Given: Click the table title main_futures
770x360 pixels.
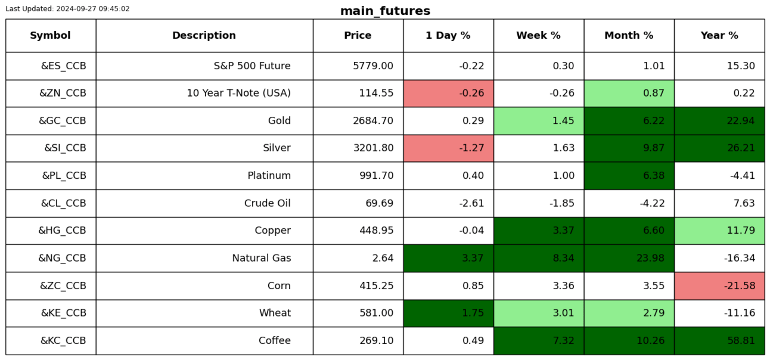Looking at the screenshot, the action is [x=385, y=11].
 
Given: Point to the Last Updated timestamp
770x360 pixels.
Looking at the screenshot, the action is [x=67, y=8].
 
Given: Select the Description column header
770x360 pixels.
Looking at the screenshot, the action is [x=204, y=35].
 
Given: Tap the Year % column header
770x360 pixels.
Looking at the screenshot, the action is [x=719, y=35].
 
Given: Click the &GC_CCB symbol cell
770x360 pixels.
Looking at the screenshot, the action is [x=62, y=120].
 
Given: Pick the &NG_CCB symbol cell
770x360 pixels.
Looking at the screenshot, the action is [x=62, y=258].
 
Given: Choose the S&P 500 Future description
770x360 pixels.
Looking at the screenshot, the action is [x=252, y=66].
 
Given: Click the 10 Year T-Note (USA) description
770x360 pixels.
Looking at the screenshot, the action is [x=238, y=93].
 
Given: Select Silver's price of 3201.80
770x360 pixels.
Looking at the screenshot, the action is [x=373, y=148].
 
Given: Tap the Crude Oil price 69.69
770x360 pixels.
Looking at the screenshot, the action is [x=379, y=203].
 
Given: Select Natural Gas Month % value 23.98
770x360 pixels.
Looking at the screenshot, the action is [x=650, y=258].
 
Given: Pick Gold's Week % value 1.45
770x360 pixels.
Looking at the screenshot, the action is [x=563, y=120].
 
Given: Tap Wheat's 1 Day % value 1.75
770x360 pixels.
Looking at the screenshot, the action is [x=473, y=312].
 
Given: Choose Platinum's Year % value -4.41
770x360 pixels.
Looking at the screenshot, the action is [x=743, y=175].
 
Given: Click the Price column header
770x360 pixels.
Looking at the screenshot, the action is [x=358, y=35].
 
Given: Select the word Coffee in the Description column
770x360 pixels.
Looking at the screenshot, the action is [x=275, y=340].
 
